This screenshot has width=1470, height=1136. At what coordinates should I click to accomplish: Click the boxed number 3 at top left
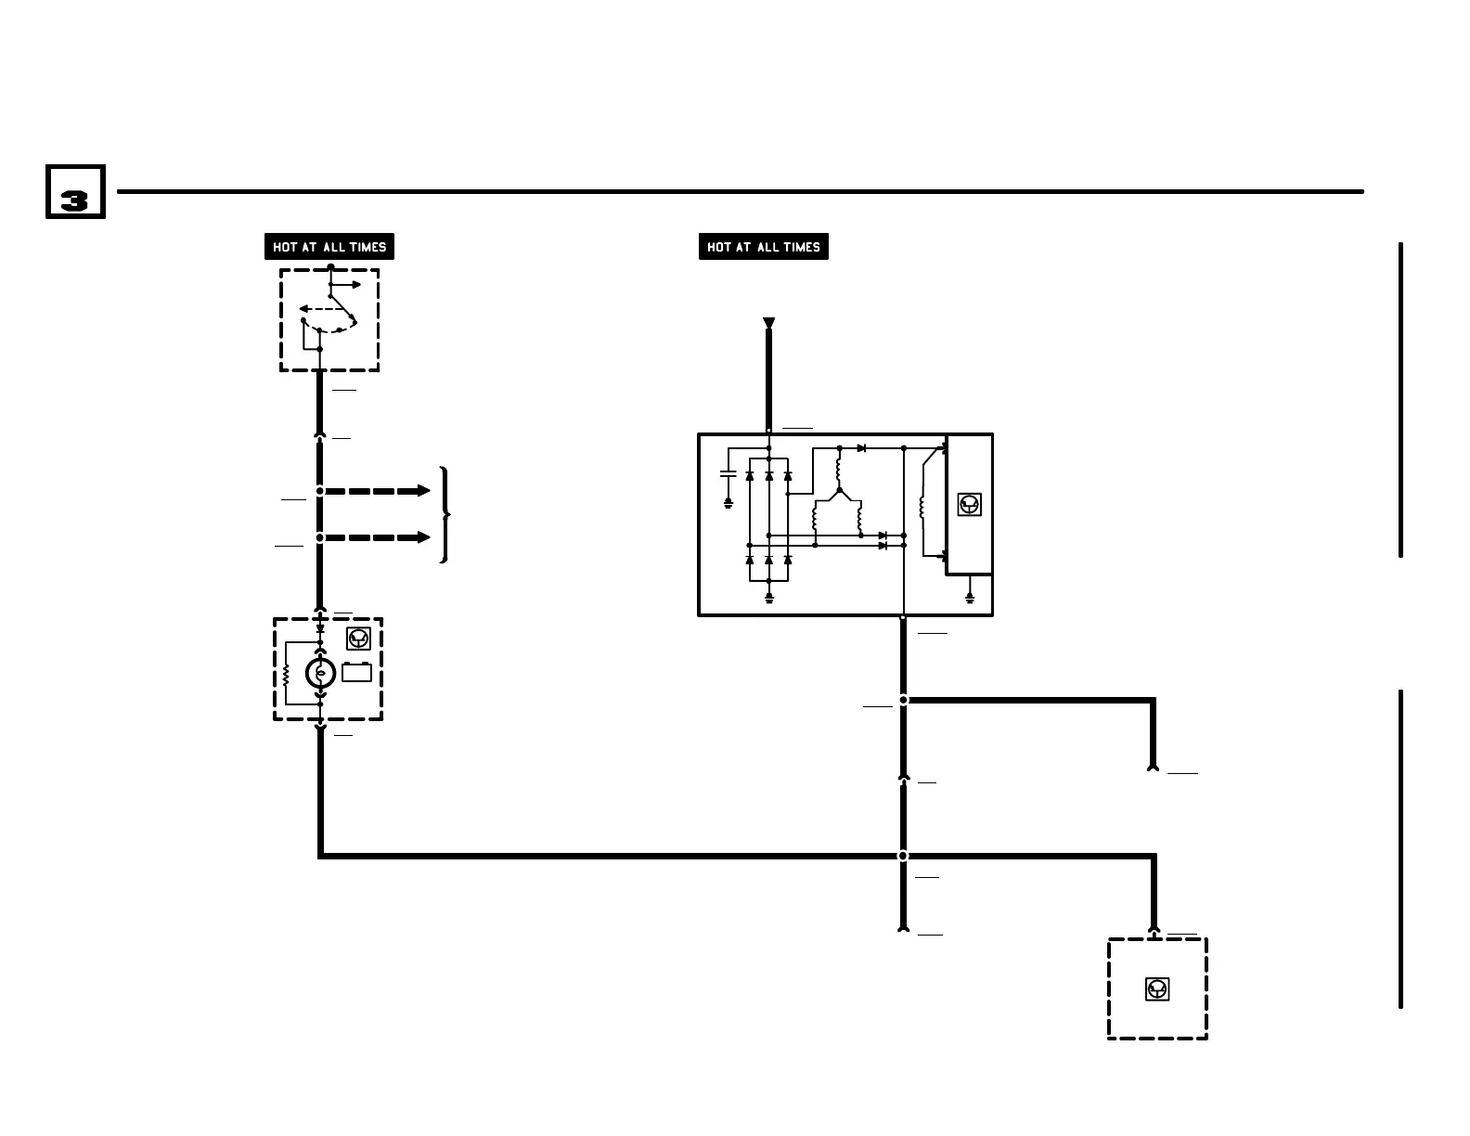click(75, 193)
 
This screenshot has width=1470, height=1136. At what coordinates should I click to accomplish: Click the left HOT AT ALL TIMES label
click(329, 247)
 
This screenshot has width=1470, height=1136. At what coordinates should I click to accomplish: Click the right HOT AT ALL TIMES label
click(763, 247)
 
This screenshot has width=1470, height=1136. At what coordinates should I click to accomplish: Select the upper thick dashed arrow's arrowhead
click(424, 490)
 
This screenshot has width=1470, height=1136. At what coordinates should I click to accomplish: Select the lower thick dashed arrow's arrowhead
click(424, 537)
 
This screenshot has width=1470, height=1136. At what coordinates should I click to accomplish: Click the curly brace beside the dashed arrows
click(446, 514)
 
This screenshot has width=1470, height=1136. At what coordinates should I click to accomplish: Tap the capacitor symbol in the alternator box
click(729, 474)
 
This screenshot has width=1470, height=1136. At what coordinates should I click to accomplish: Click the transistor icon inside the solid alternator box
click(969, 505)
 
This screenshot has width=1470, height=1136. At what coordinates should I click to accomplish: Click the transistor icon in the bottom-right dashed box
click(1157, 989)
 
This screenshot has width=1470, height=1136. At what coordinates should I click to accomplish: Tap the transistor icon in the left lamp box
click(358, 639)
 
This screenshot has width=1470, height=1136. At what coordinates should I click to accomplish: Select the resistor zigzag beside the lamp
click(287, 674)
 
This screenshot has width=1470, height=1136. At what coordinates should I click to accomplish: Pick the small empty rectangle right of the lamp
click(357, 672)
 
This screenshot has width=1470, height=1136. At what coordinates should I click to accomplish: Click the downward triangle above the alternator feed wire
click(768, 323)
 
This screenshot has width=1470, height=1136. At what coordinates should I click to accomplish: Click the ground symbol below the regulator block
click(970, 599)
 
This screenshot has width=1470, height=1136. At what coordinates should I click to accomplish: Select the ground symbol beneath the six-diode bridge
click(768, 599)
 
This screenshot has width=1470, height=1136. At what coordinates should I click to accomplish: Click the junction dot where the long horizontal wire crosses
click(903, 856)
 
